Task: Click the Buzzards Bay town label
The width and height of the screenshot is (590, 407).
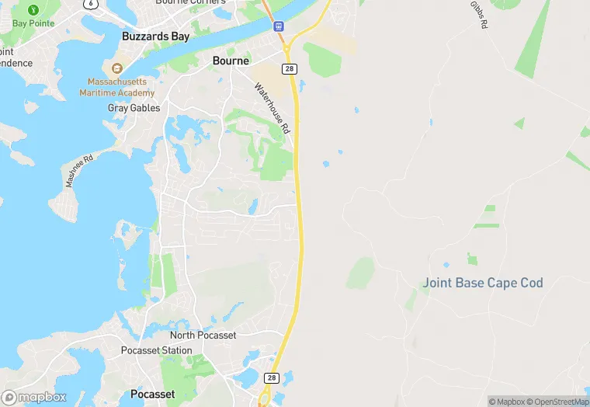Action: click(153, 37)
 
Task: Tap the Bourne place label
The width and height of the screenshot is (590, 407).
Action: click(231, 61)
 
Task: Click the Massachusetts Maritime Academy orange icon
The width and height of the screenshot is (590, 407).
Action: click(117, 68)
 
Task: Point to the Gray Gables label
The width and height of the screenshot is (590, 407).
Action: click(134, 108)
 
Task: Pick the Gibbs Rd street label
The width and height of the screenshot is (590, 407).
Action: click(479, 16)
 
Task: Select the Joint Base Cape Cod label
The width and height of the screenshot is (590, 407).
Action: click(482, 283)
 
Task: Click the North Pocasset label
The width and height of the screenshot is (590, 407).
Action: click(203, 335)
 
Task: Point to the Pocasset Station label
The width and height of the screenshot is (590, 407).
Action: click(156, 350)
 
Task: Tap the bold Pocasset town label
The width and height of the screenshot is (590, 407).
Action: click(153, 394)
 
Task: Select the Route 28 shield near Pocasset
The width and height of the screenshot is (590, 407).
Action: click(271, 377)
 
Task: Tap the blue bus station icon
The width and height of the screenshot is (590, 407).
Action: click(279, 26)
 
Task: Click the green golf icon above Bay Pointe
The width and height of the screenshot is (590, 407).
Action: click(33, 10)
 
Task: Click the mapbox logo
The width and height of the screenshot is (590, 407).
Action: click(34, 397)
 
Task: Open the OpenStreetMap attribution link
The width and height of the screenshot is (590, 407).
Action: click(557, 402)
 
